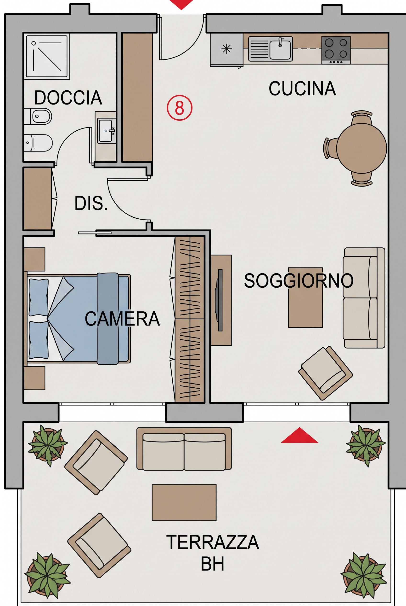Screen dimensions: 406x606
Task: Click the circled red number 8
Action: [180, 108]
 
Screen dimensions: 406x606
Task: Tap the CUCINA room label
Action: [302, 89]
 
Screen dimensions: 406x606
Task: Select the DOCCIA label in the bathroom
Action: [68, 98]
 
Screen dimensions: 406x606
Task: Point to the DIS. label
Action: [91, 203]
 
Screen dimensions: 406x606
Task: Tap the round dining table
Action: [362, 148]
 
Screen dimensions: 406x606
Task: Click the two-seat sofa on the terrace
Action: [184, 449]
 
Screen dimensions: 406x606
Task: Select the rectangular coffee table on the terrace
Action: [184, 502]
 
